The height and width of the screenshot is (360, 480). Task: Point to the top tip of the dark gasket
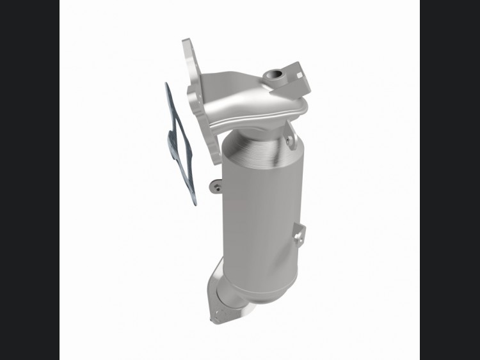pos(166,83)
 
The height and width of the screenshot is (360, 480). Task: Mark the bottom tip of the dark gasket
pos(195,205)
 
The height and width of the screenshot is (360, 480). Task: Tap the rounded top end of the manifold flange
pos(188,41)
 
